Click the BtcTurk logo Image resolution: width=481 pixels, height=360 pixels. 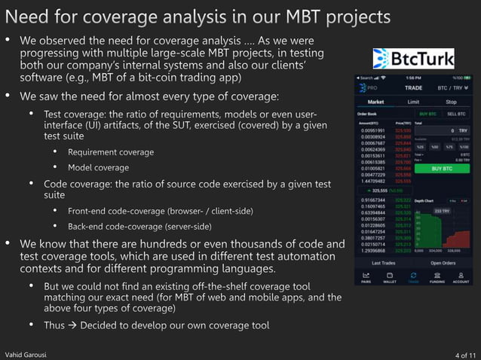pyautogui.click(x=414, y=58)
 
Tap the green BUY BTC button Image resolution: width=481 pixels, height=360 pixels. pyautogui.click(x=445, y=169)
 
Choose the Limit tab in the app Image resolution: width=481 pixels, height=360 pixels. pyautogui.click(x=413, y=101)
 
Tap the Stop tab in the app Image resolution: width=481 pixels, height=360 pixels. pyautogui.click(x=451, y=101)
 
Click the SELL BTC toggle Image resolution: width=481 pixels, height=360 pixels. pyautogui.click(x=456, y=114)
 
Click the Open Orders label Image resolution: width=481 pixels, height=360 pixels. pyautogui.click(x=443, y=263)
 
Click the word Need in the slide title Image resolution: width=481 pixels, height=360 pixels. pyautogui.click(x=27, y=17)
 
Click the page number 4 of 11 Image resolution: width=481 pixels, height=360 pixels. pyautogui.click(x=466, y=354)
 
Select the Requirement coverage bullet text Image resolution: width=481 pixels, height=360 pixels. pyautogui.click(x=110, y=152)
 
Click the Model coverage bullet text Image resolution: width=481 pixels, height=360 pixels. pyautogui.click(x=98, y=168)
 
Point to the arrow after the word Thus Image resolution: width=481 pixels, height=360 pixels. pyautogui.click(x=72, y=325)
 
